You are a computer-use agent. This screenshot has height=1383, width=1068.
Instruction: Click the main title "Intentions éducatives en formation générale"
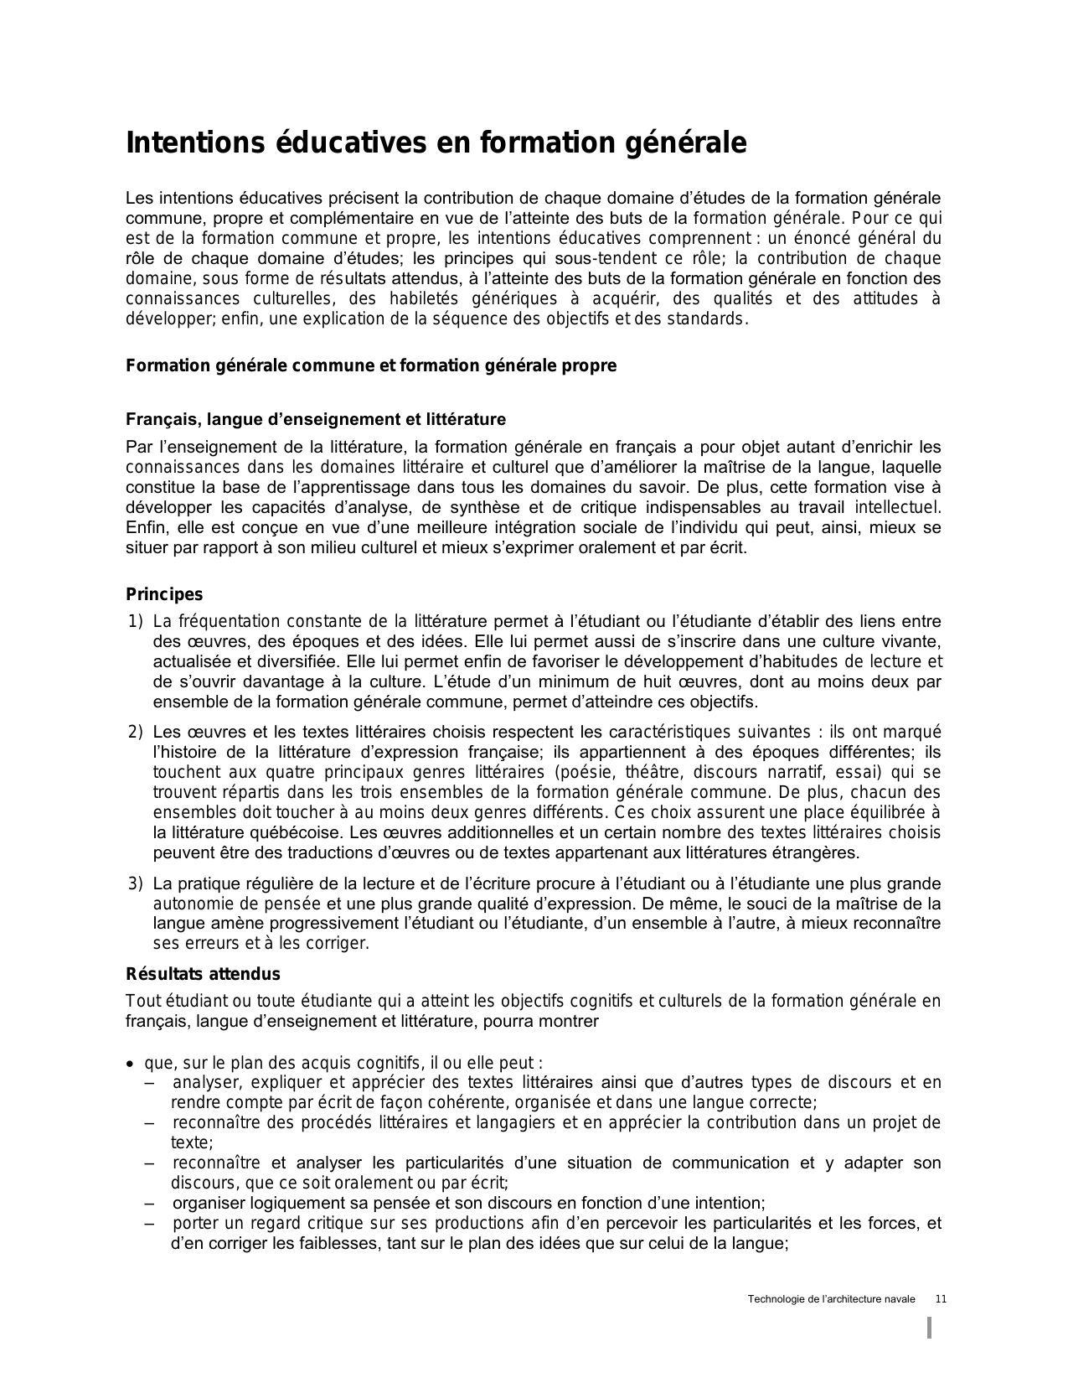click(436, 143)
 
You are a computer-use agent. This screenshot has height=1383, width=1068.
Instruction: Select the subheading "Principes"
click(164, 594)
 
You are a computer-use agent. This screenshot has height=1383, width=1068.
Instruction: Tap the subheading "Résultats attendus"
click(203, 974)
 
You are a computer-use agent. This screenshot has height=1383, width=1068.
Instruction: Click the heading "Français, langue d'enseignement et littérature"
click(316, 419)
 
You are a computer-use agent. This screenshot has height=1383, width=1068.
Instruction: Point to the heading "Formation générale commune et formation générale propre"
click(371, 366)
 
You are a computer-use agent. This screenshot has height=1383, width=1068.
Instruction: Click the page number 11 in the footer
click(941, 1299)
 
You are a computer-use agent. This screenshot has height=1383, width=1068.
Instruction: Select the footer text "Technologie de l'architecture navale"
click(831, 1299)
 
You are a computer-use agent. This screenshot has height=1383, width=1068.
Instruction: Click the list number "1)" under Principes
click(136, 622)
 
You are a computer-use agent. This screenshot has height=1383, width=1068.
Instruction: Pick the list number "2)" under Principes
click(136, 733)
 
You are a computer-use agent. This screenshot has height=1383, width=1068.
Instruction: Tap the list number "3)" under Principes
click(136, 883)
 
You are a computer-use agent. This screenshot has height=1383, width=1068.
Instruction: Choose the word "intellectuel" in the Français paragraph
click(896, 508)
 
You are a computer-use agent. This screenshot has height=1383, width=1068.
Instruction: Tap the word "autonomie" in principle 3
click(188, 904)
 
